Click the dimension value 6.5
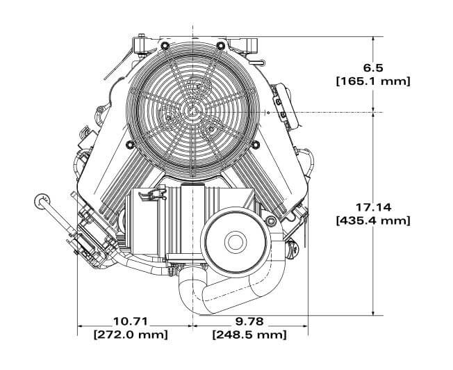[x=373, y=67]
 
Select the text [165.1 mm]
[x=373, y=81]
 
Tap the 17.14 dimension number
[x=373, y=207]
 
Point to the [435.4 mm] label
[x=373, y=220]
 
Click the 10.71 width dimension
[x=131, y=321]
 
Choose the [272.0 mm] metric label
[x=131, y=335]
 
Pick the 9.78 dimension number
[x=249, y=321]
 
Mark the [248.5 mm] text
[x=249, y=335]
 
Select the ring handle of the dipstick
[x=38, y=200]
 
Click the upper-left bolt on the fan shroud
[x=162, y=46]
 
